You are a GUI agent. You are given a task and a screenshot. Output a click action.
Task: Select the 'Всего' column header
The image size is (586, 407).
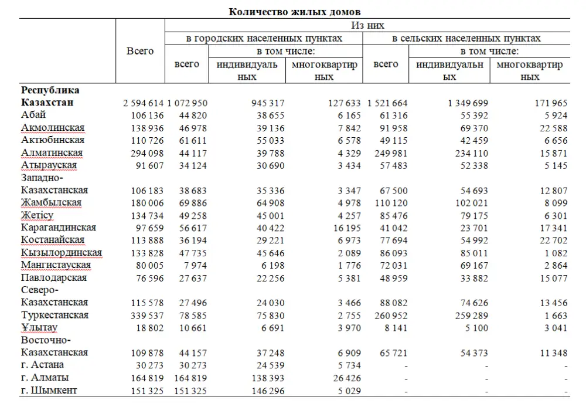pyautogui.click(x=140, y=51)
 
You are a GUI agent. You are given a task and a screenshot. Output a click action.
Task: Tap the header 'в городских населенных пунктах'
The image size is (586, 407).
pyautogui.click(x=264, y=39)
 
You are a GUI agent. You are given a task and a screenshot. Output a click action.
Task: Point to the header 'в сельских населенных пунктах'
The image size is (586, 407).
pyautogui.click(x=466, y=39)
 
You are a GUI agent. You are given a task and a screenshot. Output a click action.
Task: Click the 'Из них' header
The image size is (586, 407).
pyautogui.click(x=367, y=26)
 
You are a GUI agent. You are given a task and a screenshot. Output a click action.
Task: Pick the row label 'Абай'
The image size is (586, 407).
pyautogui.click(x=33, y=115)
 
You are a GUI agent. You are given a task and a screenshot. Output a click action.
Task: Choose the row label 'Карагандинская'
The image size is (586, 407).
pyautogui.click(x=59, y=228)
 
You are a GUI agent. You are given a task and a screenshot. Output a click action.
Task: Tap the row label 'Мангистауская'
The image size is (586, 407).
pyautogui.click(x=56, y=265)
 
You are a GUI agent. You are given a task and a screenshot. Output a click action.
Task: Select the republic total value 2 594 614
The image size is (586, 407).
pyautogui.click(x=144, y=103)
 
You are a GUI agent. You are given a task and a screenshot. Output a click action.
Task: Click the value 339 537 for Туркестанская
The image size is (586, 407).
pyautogui.click(x=144, y=316)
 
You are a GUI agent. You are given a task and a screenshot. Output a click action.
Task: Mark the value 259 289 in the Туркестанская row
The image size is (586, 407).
pyautogui.click(x=468, y=316)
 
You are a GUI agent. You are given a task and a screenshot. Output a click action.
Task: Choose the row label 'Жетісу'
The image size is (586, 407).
pyautogui.click(x=37, y=215)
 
